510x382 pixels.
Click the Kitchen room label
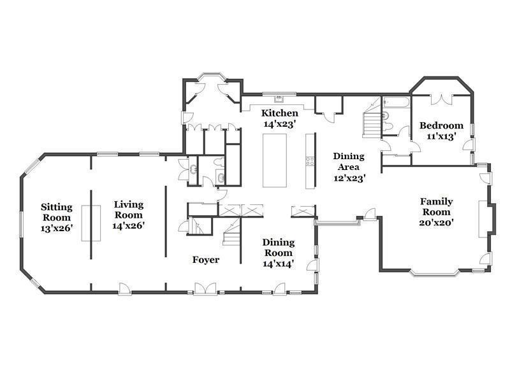[280, 113]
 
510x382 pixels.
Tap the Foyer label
[205, 260]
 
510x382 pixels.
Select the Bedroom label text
[441, 125]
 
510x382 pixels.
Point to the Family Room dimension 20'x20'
[436, 223]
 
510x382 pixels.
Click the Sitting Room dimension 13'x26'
[56, 229]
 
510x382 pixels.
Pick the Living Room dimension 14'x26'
[129, 225]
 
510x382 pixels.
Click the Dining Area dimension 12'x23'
[349, 178]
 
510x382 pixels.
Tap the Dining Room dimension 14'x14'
[279, 264]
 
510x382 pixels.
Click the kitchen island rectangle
[275, 160]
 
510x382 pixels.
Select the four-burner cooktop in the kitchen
[310, 162]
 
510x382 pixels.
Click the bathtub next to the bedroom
[396, 102]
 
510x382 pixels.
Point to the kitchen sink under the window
[279, 99]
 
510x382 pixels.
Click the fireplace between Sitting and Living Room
[91, 223]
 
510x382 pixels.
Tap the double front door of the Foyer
[205, 289]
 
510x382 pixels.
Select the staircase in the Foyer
[231, 232]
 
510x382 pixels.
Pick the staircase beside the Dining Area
[372, 121]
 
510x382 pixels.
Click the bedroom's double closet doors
[441, 99]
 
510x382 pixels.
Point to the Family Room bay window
[435, 274]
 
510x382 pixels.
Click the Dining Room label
[279, 248]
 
